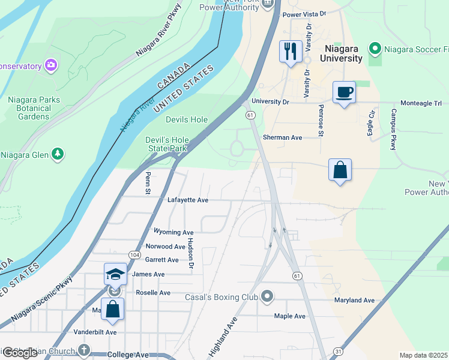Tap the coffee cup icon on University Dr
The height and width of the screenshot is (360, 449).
[x=344, y=92]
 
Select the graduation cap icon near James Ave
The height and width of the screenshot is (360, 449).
[x=115, y=274]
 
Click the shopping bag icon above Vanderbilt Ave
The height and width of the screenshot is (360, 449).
[x=112, y=309]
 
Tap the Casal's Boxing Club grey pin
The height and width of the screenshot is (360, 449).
[x=268, y=296]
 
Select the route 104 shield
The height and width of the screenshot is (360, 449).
[x=135, y=255]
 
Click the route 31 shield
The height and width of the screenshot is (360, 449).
[x=339, y=351]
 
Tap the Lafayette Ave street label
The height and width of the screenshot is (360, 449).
[x=188, y=200]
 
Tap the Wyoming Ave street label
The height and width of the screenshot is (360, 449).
[x=173, y=232]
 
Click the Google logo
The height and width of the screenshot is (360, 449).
[x=20, y=353]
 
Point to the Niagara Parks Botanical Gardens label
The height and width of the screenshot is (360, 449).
[x=29, y=108]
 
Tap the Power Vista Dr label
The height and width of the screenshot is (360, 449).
[x=304, y=14]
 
